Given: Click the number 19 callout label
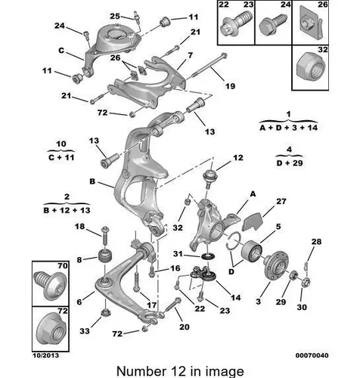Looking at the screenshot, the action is pos(230,86).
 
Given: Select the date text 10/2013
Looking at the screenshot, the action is pos(45,355).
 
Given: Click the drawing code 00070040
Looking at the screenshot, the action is pos(312,355).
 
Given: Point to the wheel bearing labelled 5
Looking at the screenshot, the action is pos(252,250).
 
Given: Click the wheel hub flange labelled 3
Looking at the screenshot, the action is pos(276,268).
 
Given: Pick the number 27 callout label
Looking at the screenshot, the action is pos(281,201).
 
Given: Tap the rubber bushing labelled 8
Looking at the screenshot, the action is pos(105,256).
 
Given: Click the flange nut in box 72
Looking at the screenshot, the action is pos(51,329).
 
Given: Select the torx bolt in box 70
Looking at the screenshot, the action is pos(50,286).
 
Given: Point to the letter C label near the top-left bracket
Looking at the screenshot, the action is pos(61,51).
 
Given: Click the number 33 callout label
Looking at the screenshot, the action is pos(85,330).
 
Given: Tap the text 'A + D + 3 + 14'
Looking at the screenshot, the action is pos(289,128).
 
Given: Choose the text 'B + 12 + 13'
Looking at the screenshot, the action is pos(67,210).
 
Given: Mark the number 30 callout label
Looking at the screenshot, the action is pos(302,307).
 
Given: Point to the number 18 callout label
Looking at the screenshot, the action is pos(79,226).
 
